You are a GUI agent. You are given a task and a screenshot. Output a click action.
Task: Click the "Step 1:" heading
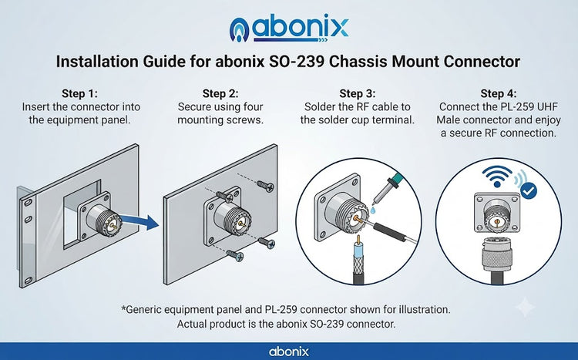pos(79,93)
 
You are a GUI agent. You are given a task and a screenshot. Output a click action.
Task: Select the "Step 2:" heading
pos(220,93)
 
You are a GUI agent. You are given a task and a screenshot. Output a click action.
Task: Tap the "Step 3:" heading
pos(357,93)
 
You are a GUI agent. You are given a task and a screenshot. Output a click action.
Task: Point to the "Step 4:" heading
pos(499,93)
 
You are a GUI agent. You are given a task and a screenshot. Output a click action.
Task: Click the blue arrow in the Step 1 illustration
pos(139,221)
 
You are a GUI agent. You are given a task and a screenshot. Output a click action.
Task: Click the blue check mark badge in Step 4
pos(529,190)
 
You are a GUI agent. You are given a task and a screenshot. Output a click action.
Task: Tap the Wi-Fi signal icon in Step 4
pos(497,177)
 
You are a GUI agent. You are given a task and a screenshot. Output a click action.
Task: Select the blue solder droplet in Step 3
pos(374,210)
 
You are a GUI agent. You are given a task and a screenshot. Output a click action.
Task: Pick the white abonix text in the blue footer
pos(289,352)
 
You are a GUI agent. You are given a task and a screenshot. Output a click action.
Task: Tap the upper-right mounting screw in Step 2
pos(265,186)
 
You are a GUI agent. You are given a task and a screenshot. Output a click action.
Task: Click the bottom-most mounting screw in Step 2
pos(235,254)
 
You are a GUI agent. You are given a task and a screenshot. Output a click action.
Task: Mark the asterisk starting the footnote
pos(123,308)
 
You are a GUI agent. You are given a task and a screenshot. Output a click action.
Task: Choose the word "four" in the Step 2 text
pos(253,107)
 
